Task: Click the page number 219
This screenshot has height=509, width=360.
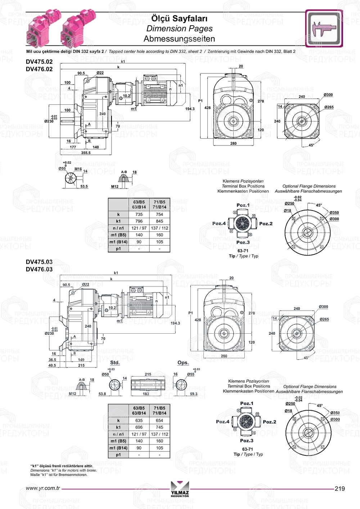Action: [339, 488]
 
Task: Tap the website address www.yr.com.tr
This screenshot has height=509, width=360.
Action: [43, 488]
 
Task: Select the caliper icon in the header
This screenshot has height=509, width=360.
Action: [324, 28]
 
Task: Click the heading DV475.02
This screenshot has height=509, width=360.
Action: [39, 62]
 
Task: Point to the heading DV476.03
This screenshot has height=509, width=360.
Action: [39, 269]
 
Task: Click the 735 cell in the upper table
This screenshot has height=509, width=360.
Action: [139, 214]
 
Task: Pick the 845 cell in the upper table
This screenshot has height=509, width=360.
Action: [159, 221]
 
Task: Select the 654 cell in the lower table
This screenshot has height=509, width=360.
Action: [159, 420]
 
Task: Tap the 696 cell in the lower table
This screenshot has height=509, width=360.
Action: [139, 427]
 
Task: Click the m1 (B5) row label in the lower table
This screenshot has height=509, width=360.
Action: [118, 441]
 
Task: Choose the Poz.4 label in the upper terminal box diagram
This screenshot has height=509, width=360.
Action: [219, 224]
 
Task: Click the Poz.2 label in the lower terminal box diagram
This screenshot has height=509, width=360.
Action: [269, 422]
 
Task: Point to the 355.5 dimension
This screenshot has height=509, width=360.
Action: [86, 153]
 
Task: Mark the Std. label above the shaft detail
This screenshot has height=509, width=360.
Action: [115, 362]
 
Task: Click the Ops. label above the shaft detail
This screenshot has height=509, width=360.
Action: [183, 362]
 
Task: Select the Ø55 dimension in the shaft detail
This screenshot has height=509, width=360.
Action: [190, 374]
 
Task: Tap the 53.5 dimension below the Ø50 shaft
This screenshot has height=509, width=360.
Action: [84, 186]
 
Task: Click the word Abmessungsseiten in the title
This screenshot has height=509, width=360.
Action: [179, 39]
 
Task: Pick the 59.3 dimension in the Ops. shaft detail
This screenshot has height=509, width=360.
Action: [193, 394]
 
